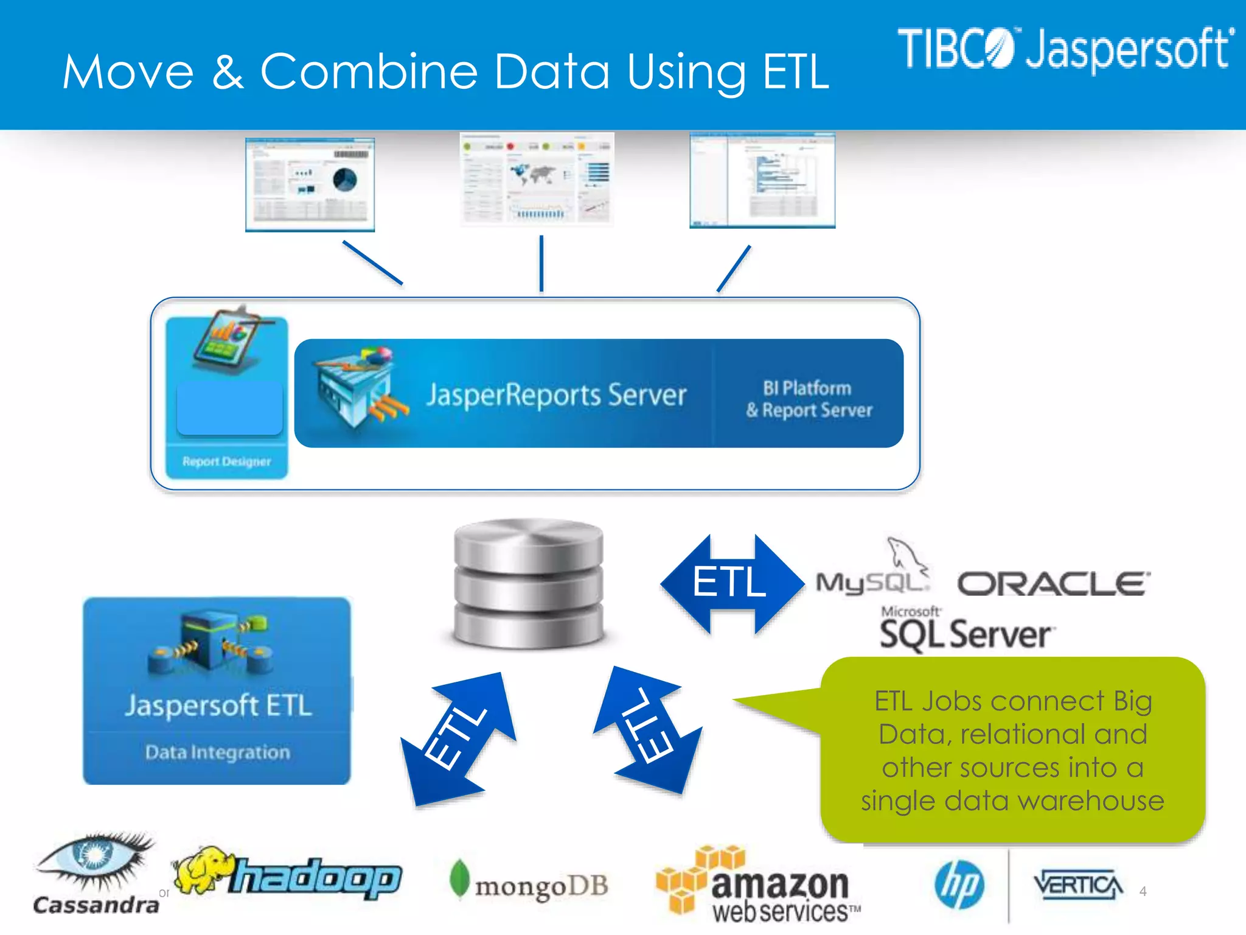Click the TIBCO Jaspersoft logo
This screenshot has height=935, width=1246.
click(1065, 49)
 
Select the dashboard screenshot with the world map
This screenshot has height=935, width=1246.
click(537, 179)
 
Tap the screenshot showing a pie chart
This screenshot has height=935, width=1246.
click(310, 184)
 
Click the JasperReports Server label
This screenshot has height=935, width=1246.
click(556, 394)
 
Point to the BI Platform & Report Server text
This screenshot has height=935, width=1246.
click(809, 399)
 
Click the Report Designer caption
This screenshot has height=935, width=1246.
click(226, 461)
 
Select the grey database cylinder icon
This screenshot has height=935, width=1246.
click(529, 583)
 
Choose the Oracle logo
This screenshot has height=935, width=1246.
click(1054, 584)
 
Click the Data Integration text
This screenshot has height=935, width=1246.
click(218, 752)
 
